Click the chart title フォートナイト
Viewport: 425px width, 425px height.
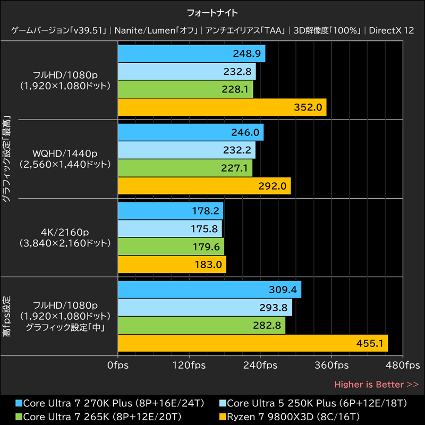pos(212,11)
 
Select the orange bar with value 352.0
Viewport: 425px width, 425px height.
pos(222,107)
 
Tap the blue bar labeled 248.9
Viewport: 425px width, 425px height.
pos(191,54)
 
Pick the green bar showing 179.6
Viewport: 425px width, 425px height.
pos(171,246)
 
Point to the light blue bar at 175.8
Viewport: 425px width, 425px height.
pos(169,228)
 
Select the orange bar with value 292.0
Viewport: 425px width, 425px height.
pos(204,186)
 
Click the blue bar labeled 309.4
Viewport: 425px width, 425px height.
pos(209,290)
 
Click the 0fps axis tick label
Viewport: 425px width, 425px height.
pos(118,365)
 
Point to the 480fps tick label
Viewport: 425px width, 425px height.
pos(403,365)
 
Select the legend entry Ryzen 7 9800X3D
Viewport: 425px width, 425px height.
pos(290,415)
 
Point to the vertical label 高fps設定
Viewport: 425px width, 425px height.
pos(6,316)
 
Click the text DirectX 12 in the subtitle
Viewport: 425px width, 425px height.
pos(392,30)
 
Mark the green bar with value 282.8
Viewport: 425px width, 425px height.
pos(201,326)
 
